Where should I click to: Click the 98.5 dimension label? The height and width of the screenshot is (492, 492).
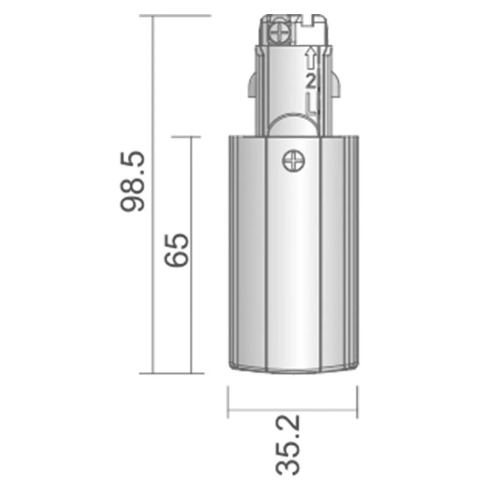(133, 182)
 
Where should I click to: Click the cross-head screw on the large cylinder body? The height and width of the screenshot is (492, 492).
(294, 161)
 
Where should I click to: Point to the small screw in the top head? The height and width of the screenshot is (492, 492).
(280, 33)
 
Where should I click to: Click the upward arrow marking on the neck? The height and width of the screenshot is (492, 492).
(310, 58)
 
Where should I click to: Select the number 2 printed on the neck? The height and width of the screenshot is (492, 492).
(310, 82)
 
